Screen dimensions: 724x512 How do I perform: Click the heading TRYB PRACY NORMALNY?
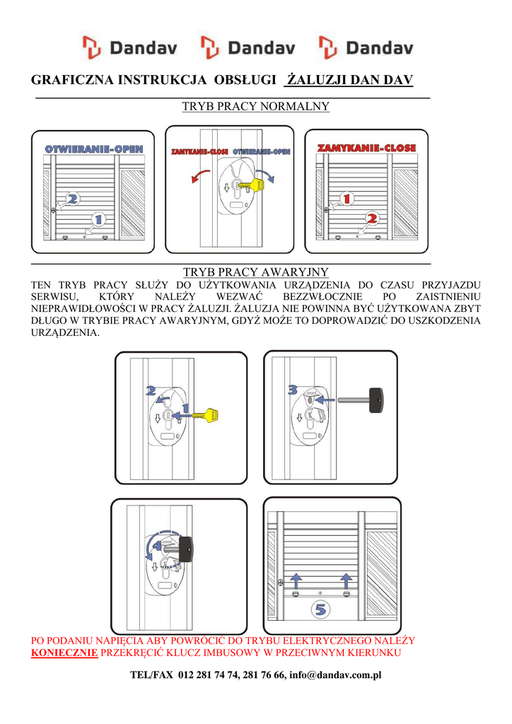coord(255,107)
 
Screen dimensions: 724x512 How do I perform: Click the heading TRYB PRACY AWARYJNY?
coord(255,272)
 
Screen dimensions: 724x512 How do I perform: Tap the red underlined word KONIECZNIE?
coord(64,652)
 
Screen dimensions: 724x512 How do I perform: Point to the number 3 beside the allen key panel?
coord(293,389)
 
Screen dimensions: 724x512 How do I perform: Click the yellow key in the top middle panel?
coord(250,185)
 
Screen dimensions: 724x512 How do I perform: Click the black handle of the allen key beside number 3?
coord(376,399)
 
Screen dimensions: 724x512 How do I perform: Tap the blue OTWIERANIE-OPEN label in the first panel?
coord(94,149)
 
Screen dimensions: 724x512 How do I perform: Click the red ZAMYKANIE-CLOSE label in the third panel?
coord(366,148)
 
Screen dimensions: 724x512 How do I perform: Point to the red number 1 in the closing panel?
coord(347,199)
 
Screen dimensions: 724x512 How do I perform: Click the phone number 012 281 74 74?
coord(207,675)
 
